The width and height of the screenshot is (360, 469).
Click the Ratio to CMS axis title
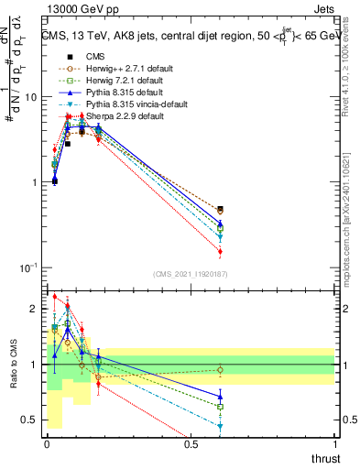(x=15, y=365)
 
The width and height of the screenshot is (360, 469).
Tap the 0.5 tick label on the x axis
(x=191, y=444)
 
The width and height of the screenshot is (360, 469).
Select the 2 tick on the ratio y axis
(x=36, y=310)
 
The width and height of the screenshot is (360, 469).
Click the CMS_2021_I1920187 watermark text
(x=191, y=274)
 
